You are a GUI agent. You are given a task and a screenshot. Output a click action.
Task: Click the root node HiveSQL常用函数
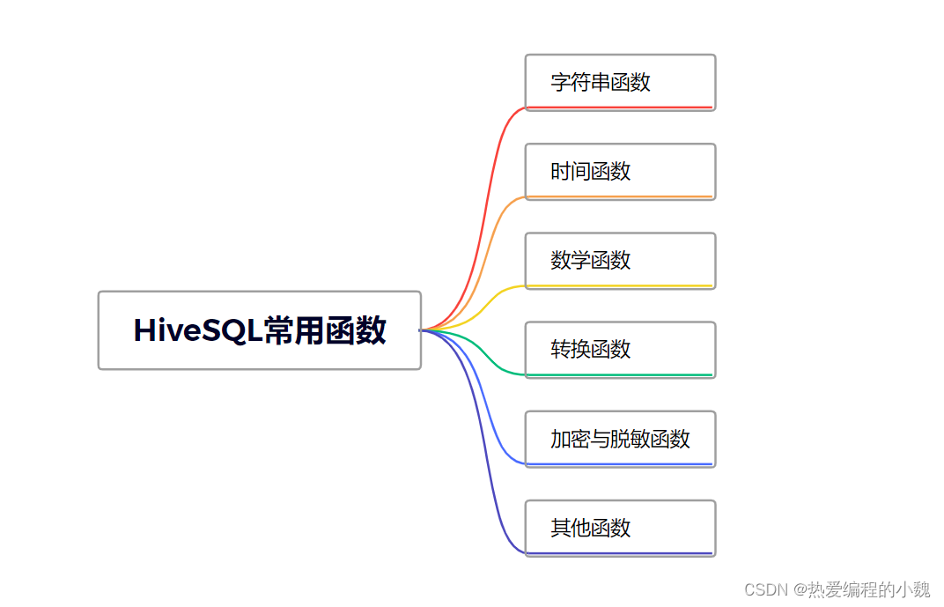pos(259,330)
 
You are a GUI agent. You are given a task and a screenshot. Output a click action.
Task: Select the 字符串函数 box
pos(620,82)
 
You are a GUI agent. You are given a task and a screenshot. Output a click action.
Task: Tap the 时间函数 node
pos(620,171)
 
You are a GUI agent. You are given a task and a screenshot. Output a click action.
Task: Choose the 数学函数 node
pos(620,260)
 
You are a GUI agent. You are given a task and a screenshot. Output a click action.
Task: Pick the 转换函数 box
pos(620,349)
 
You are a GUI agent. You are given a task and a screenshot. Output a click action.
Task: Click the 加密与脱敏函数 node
pos(620,439)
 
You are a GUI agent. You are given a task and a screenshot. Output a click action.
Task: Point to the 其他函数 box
pos(620,528)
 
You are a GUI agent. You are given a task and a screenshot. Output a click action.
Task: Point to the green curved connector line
pos(484,357)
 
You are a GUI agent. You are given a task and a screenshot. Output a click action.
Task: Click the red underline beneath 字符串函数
pos(620,107)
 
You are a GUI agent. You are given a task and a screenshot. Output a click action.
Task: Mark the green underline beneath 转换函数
pos(620,375)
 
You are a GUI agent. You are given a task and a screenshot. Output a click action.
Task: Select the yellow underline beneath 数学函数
pos(620,285)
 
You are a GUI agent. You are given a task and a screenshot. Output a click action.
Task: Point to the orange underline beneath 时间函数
pos(620,196)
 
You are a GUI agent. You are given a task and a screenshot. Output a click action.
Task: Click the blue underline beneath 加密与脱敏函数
pos(620,464)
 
